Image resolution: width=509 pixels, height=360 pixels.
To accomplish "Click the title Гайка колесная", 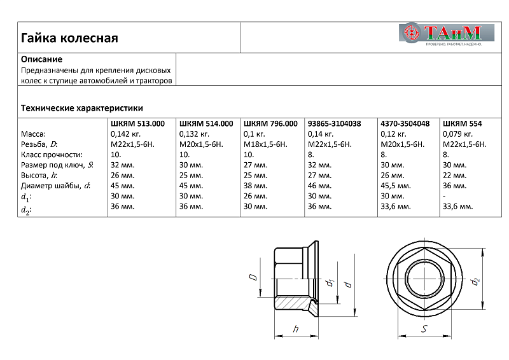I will click(x=70, y=38).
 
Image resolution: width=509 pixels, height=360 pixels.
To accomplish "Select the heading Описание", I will click(x=41, y=59).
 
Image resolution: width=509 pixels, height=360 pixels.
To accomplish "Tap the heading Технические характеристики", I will click(x=82, y=108).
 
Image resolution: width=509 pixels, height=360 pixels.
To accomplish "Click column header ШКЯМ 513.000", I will click(x=138, y=123).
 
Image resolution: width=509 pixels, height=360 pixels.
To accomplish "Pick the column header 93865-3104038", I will click(x=334, y=123).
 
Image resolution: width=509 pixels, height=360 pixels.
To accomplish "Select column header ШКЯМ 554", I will click(x=463, y=123).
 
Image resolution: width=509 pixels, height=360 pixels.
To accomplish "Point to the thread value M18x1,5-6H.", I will click(x=265, y=144).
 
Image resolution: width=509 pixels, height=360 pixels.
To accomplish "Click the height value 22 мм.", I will click(x=454, y=175).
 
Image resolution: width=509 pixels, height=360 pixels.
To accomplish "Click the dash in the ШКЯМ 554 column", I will click(x=443, y=196).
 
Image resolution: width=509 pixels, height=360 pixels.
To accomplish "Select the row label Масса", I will click(x=34, y=134).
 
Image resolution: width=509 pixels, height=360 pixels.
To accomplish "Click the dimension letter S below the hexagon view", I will click(x=424, y=328).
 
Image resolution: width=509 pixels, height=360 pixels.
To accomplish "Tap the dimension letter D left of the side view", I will click(x=252, y=277).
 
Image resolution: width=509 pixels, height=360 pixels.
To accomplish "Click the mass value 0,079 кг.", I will click(x=457, y=134).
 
